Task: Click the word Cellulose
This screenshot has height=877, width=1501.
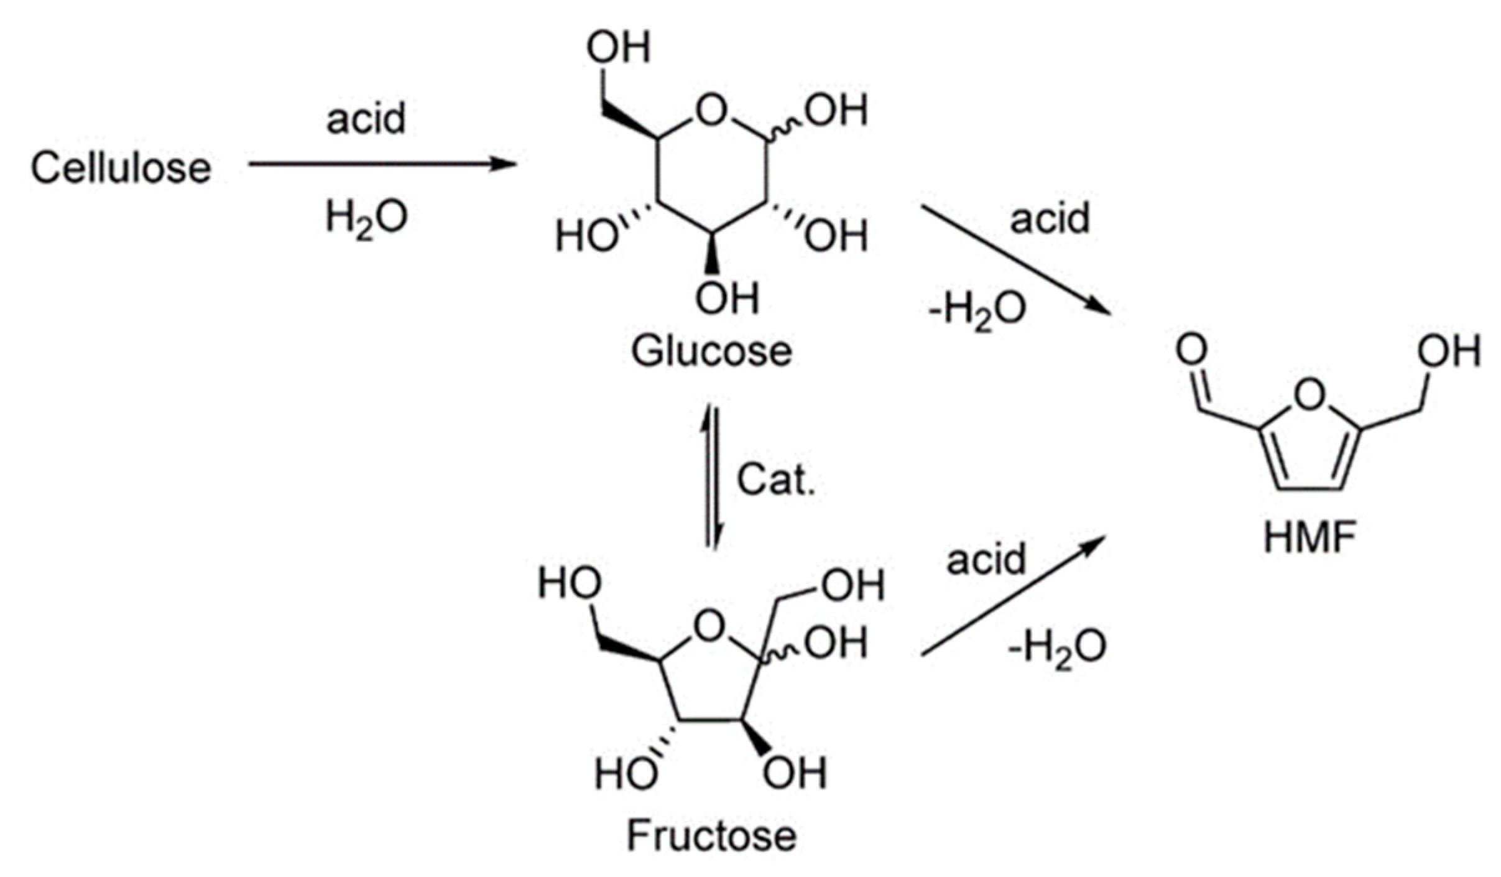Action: tap(121, 168)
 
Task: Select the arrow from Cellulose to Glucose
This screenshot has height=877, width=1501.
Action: tap(382, 165)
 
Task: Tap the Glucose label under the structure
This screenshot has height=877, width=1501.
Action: tap(711, 351)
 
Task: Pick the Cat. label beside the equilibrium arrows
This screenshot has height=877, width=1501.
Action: tap(775, 480)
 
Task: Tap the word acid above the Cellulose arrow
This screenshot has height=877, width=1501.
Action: tap(366, 118)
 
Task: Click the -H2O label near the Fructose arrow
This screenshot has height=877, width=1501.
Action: tap(1057, 647)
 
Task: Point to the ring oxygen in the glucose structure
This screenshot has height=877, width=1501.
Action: tap(711, 111)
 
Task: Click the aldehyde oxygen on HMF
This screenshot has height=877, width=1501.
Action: tap(1191, 350)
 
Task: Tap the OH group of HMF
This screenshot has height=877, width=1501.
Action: tap(1449, 351)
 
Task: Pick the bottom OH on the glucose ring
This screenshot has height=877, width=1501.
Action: tap(726, 299)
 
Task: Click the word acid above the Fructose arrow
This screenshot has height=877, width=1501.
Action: tap(986, 559)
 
